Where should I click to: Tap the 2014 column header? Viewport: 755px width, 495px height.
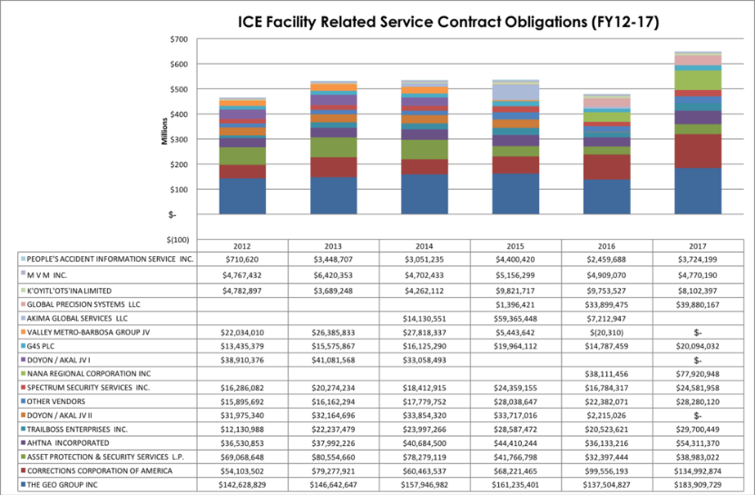[425, 245]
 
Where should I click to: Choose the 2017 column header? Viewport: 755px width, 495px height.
[699, 245]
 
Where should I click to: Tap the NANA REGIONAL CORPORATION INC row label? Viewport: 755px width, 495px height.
[88, 373]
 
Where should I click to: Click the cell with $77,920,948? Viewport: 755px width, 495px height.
[699, 373]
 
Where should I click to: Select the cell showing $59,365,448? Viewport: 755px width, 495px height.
[516, 317]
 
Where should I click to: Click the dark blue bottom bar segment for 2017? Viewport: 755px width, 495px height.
[699, 192]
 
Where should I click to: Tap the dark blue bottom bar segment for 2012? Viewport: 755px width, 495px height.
[242, 196]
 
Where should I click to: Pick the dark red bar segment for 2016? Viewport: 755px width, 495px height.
[607, 167]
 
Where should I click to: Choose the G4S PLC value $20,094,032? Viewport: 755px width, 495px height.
[699, 345]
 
